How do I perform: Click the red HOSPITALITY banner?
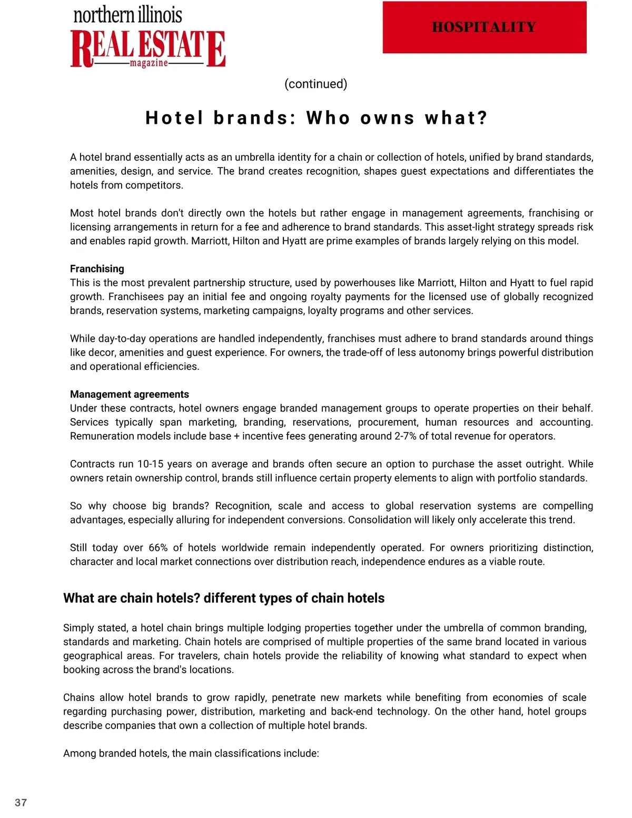coord(484,27)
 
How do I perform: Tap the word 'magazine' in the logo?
coord(149,63)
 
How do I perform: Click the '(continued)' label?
coord(315,84)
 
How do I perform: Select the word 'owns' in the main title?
coord(388,118)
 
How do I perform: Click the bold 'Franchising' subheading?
coord(97,269)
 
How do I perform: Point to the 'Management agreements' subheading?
coord(129,394)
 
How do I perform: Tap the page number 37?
coord(21,802)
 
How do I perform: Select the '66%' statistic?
coord(158,548)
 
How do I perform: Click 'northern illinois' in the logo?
coord(127,15)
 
